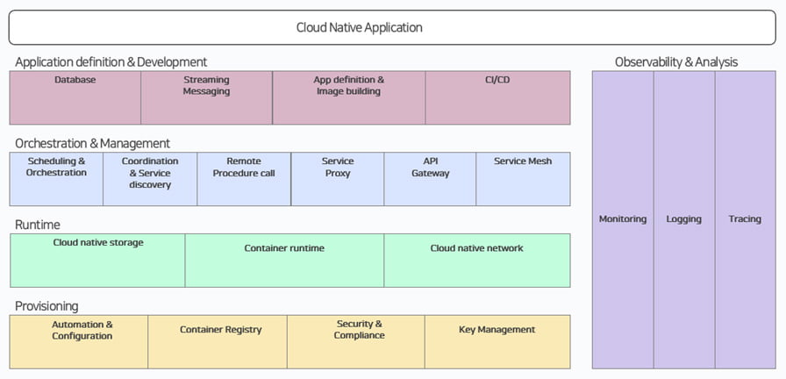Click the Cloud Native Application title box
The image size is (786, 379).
392,27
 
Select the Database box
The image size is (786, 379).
75,97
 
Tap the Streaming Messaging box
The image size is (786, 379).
206,97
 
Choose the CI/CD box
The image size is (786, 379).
497,97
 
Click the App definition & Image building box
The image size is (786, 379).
349,97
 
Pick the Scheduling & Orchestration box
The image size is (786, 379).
56,179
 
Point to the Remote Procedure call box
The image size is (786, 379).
244,179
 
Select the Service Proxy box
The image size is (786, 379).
338,179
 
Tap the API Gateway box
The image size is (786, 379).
430,179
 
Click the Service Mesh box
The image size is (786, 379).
524,179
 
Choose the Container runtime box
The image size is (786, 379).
285,261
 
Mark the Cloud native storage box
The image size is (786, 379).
97,261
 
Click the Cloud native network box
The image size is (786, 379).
477,261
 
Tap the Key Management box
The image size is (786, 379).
497,342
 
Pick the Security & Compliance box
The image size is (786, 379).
356,342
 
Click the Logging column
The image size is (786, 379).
684,219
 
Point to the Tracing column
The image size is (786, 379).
746,219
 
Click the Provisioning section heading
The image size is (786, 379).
46,306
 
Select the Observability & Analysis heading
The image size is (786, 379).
676,62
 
